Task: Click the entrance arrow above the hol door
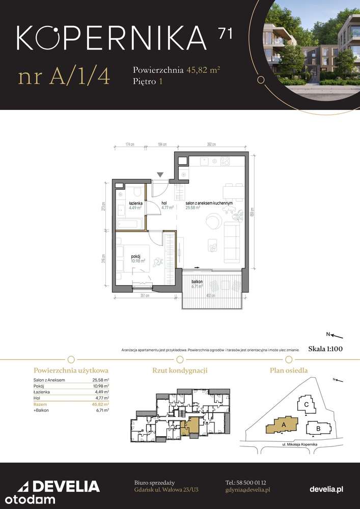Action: (160, 175)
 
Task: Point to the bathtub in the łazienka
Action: (131, 223)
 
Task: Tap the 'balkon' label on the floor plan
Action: (197, 281)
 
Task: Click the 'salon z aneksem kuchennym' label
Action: (209, 203)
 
